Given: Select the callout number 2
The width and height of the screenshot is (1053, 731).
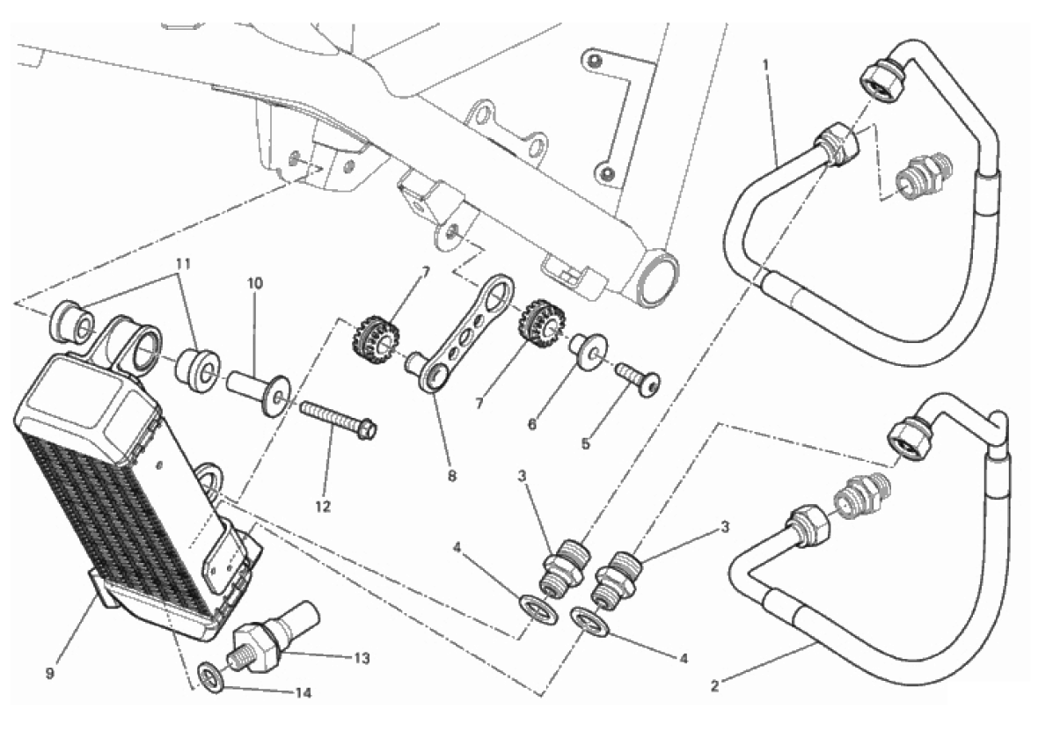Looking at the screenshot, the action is tap(714, 686).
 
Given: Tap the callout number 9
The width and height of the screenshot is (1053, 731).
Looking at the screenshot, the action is tap(49, 673).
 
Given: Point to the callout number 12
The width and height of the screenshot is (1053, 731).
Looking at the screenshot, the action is tap(323, 507).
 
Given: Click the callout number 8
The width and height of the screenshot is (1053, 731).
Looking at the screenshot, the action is tap(452, 476).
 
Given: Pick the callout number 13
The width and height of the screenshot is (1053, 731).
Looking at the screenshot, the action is tap(362, 659).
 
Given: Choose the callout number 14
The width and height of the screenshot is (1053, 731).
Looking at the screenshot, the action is tap(303, 693).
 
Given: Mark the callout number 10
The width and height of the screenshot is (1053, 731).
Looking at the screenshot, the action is tap(255, 283).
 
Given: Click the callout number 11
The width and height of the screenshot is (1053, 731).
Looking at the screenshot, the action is tap(183, 265).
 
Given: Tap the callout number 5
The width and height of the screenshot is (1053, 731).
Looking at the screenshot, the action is tap(586, 443).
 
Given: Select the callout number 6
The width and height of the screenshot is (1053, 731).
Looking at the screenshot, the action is tap(532, 424).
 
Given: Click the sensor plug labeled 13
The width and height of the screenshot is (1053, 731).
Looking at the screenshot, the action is tap(275, 632).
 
